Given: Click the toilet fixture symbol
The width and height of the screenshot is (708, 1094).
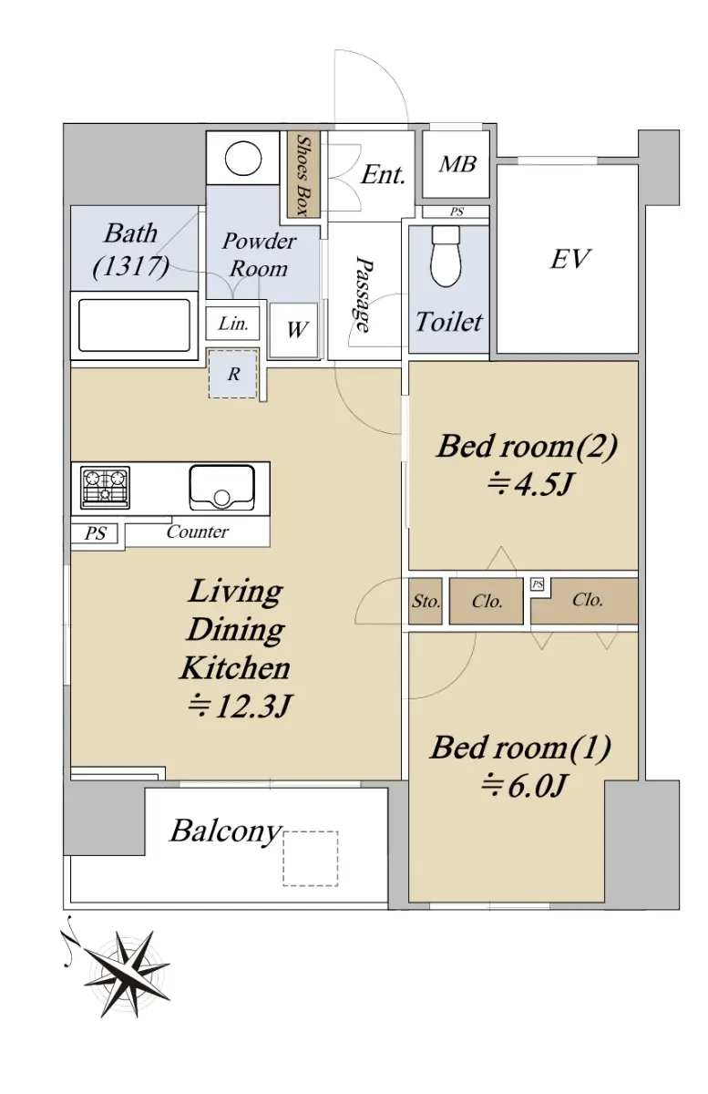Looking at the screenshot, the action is pyautogui.click(x=446, y=257).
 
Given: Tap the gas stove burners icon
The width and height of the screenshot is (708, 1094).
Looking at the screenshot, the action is pyautogui.click(x=106, y=488).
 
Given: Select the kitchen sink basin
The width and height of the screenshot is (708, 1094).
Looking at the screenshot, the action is pyautogui.click(x=222, y=488).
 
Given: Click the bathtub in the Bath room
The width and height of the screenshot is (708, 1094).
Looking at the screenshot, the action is pyautogui.click(x=134, y=325).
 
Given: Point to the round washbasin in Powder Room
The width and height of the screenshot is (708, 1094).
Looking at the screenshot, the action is pyautogui.click(x=243, y=158).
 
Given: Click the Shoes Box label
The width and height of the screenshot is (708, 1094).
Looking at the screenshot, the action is pyautogui.click(x=303, y=175).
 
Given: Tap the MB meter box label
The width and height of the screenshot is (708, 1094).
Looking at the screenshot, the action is pyautogui.click(x=457, y=164).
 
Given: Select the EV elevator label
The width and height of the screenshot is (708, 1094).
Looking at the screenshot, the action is pyautogui.click(x=570, y=259).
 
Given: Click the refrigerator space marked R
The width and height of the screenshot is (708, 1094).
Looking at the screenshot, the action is pyautogui.click(x=233, y=374).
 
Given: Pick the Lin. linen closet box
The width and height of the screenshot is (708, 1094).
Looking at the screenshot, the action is pyautogui.click(x=232, y=324).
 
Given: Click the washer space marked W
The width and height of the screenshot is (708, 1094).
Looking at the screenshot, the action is pyautogui.click(x=294, y=330).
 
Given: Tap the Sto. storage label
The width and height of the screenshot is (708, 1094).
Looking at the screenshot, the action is pyautogui.click(x=426, y=601).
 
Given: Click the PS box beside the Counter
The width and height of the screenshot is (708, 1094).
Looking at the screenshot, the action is pyautogui.click(x=95, y=532).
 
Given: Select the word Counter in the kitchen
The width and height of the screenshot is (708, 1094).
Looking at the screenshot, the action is pyautogui.click(x=197, y=532).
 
